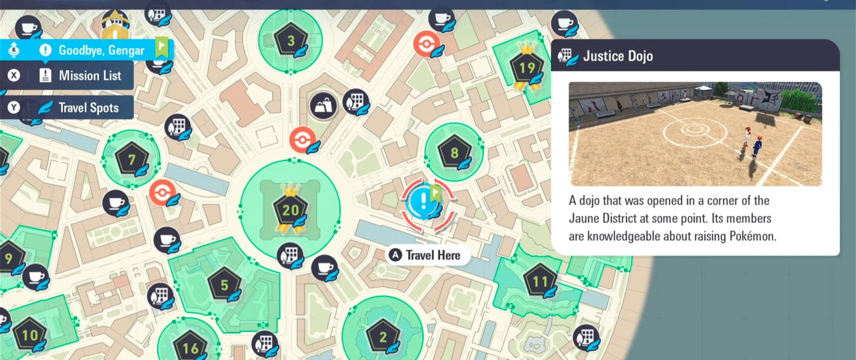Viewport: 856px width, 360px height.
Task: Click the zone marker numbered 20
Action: pyautogui.click(x=290, y=210)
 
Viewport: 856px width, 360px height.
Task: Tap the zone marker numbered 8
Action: pyautogui.click(x=454, y=153)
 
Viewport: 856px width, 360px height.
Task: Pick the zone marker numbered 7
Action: pyautogui.click(x=132, y=159)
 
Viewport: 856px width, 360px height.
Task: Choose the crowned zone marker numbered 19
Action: pyautogui.click(x=527, y=68)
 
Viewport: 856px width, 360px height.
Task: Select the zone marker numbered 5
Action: pyautogui.click(x=224, y=285)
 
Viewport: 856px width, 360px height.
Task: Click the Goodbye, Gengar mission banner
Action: pyautogui.click(x=101, y=50)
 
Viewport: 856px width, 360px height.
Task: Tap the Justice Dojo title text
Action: pyautogui.click(x=618, y=56)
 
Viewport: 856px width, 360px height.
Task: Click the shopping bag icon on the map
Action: pyautogui.click(x=323, y=106)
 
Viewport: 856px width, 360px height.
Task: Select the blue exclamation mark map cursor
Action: pyautogui.click(x=424, y=201)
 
